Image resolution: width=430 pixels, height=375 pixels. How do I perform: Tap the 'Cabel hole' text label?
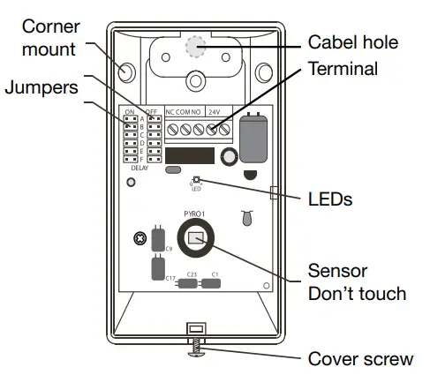[358, 41]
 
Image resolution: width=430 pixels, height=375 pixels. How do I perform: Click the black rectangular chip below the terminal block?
[189, 156]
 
